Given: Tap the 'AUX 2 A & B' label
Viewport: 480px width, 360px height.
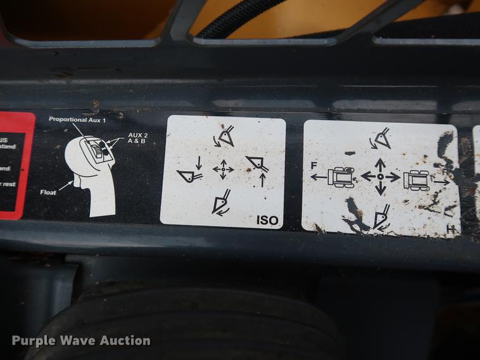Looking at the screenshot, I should point(138,139).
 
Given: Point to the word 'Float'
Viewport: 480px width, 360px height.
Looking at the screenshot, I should point(49,191).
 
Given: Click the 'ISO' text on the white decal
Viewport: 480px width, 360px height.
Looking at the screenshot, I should point(267,221).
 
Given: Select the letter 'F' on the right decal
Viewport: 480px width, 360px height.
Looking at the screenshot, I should point(314,166).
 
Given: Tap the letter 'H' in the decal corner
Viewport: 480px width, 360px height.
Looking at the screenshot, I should point(451,229).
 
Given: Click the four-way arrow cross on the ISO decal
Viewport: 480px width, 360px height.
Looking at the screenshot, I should point(223,169).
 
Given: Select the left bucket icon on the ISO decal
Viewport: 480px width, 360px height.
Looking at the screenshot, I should point(189,174).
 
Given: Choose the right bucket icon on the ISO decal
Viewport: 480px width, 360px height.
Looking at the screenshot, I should point(258,166).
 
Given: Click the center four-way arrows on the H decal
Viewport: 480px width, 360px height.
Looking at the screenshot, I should point(380,176).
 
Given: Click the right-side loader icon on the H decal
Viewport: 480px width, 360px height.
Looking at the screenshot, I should point(418,180).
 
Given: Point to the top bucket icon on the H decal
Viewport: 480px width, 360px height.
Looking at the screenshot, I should point(381,138).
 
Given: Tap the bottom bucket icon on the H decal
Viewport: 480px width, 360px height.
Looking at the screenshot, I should point(381,217).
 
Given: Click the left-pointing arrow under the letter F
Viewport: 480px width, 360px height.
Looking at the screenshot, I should point(317,177).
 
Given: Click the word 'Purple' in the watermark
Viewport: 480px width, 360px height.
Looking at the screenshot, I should point(34,341).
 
